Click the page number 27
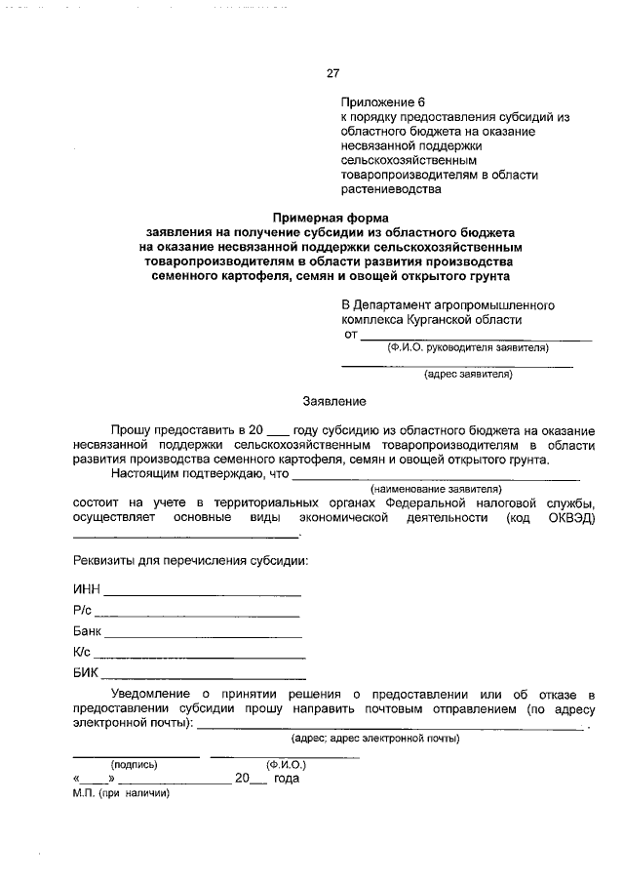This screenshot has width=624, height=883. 331,73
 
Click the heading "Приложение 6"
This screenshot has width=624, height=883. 383,101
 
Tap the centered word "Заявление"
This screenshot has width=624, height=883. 333,401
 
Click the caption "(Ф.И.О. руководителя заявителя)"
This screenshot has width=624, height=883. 467,347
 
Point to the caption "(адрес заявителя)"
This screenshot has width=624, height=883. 467,374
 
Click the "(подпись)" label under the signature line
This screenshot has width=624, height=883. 135,765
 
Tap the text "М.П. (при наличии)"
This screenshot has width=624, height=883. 121,793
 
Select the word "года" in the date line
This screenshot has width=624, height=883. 286,779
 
